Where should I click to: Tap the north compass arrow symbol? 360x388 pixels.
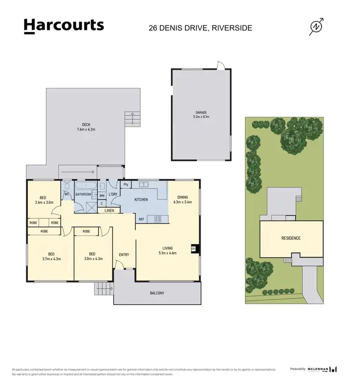click(316, 27)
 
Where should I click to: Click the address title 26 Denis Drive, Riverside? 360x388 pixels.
click(200, 28)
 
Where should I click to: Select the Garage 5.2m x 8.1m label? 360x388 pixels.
click(201, 115)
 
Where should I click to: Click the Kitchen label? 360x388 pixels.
click(141, 200)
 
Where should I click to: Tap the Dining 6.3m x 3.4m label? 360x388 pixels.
click(182, 200)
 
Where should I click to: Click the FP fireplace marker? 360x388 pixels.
click(193, 249)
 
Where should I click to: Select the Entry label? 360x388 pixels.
click(124, 255)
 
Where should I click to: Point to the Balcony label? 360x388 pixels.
click(157, 293)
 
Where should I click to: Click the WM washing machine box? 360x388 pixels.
click(102, 196)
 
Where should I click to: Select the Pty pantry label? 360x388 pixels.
click(126, 185)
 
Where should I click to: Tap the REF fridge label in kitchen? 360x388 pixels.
click(141, 219)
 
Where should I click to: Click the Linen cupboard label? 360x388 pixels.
click(109, 211)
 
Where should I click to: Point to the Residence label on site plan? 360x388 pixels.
click(290, 238)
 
